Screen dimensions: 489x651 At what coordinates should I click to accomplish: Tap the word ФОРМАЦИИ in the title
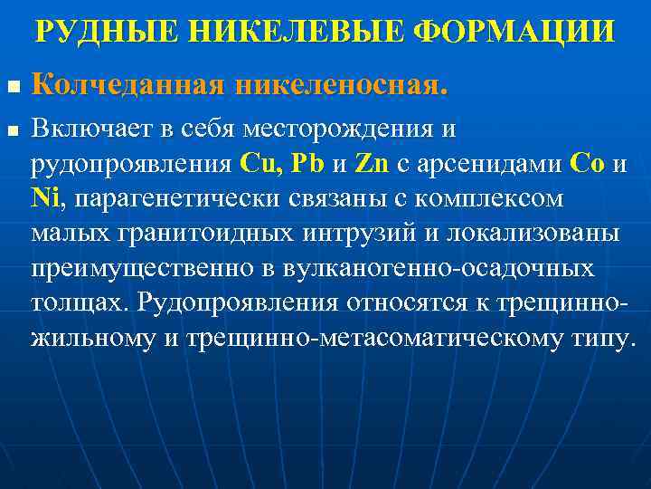point(512,33)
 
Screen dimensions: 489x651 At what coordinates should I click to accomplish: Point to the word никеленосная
point(338,87)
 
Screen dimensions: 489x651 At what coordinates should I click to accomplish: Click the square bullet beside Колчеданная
point(12,89)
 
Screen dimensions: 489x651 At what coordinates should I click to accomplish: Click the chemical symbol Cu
point(260,165)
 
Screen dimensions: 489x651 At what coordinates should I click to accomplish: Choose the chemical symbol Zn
point(373,165)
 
